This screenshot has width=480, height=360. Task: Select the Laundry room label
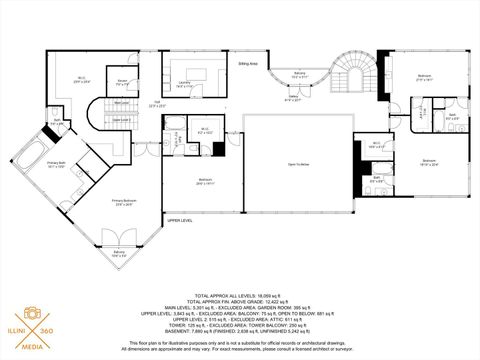[187, 85]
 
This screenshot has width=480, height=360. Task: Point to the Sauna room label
[121, 82]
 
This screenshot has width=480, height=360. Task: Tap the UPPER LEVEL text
[180, 219]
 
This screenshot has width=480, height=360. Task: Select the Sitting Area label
[248, 63]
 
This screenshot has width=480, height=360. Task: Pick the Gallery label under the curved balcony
[293, 98]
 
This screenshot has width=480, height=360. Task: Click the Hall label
[157, 104]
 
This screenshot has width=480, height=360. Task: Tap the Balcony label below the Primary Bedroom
[120, 254]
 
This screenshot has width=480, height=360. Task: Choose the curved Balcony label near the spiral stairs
[301, 74]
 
